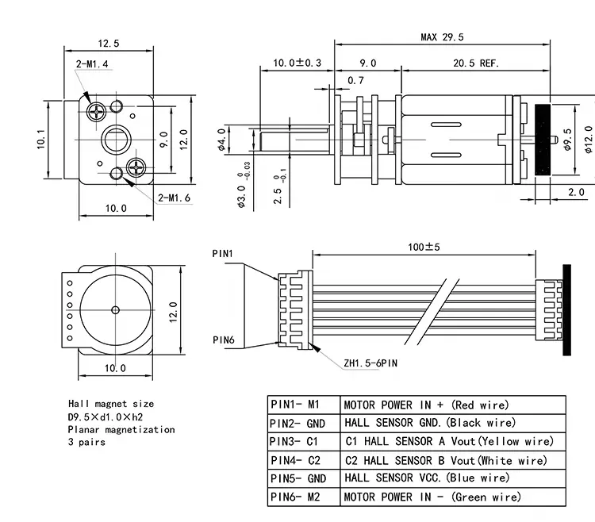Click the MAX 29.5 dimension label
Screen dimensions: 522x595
pyautogui.click(x=442, y=37)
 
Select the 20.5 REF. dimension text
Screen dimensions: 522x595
pyautogui.click(x=477, y=63)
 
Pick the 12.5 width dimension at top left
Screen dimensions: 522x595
pyautogui.click(x=109, y=43)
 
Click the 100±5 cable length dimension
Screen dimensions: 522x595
pyautogui.click(x=424, y=247)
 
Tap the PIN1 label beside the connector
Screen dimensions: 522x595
pyautogui.click(x=223, y=253)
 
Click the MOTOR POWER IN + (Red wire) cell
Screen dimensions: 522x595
pyautogui.click(x=426, y=405)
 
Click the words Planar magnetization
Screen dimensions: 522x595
pyautogui.click(x=121, y=429)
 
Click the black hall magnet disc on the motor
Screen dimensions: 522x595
pyautogui.click(x=543, y=140)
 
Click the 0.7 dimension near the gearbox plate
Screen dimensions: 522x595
pyautogui.click(x=356, y=80)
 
